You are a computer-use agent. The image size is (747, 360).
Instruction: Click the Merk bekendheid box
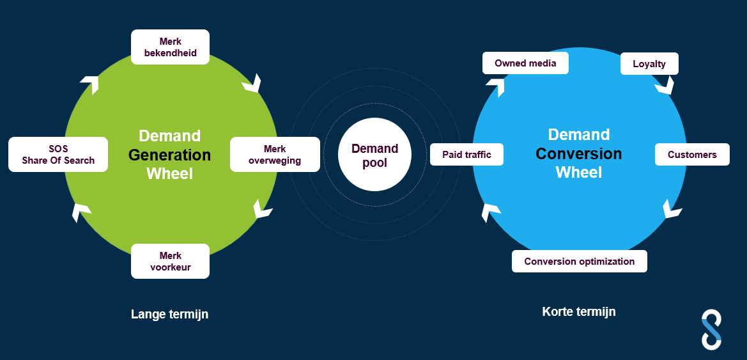coord(170,47)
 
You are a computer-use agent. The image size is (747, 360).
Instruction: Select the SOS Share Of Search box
coord(58,155)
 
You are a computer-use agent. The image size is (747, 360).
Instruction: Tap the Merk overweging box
coord(275,155)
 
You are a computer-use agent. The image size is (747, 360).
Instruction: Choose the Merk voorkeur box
coord(170,261)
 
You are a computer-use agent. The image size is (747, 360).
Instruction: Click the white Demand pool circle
coord(374,155)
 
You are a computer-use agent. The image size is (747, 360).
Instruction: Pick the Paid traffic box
coord(466,155)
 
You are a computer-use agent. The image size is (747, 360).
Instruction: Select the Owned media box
coord(525,63)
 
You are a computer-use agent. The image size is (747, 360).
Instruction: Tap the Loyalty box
coord(649,64)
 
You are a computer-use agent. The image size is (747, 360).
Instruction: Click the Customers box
coord(692,155)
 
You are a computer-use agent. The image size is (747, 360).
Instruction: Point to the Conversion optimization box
coord(579,261)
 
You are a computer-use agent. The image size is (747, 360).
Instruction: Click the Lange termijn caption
coord(169,314)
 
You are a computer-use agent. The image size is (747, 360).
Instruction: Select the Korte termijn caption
coord(579,312)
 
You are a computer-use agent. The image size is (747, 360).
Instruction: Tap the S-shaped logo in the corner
coord(711,329)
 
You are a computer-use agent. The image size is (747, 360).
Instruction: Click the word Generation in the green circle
coord(169,155)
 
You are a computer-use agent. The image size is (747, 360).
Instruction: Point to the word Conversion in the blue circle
coord(578,153)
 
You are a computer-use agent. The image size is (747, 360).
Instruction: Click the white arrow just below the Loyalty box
coord(665,86)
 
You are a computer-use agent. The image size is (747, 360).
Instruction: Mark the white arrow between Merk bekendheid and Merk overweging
coord(252,83)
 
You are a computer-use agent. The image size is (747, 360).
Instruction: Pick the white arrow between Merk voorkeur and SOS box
coord(80,212)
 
